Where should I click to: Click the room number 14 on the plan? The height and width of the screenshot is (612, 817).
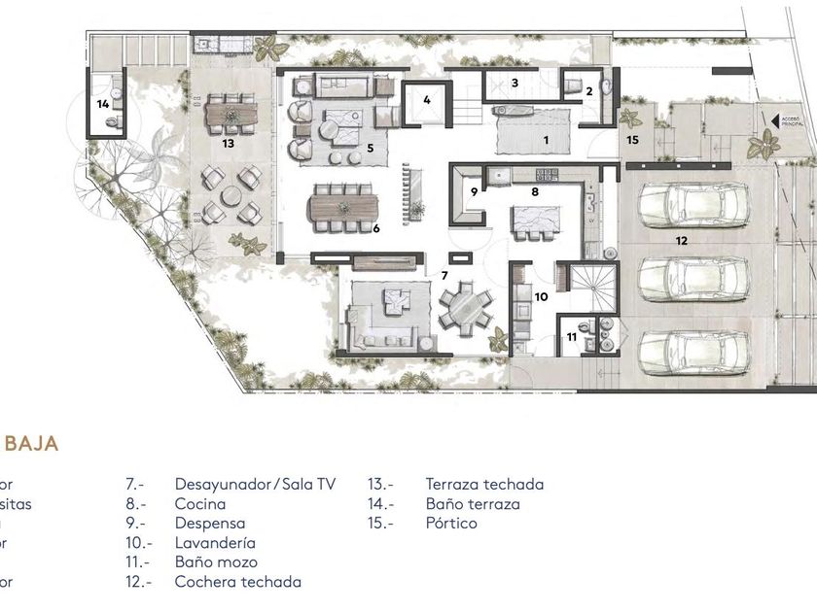pyautogui.click(x=102, y=103)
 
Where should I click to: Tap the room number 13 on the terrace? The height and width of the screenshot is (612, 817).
pyautogui.click(x=229, y=143)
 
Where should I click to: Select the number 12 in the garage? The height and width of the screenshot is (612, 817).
pyautogui.click(x=681, y=238)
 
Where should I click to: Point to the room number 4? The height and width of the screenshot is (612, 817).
pyautogui.click(x=426, y=99)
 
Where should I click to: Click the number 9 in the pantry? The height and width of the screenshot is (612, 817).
pyautogui.click(x=475, y=191)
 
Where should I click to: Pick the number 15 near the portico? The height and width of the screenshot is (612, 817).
pyautogui.click(x=632, y=140)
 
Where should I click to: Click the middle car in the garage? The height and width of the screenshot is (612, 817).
pyautogui.click(x=693, y=281)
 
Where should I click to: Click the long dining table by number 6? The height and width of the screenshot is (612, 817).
pyautogui.click(x=342, y=208)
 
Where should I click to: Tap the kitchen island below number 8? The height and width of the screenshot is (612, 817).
pyautogui.click(x=533, y=223)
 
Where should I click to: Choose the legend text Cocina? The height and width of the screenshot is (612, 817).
pyautogui.click(x=200, y=504)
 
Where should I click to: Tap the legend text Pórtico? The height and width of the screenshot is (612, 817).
pyautogui.click(x=451, y=524)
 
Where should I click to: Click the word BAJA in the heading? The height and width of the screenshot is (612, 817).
pyautogui.click(x=32, y=443)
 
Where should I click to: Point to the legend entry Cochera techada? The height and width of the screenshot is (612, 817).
pyautogui.click(x=237, y=582)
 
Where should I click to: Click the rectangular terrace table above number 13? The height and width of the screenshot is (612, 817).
pyautogui.click(x=231, y=118)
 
